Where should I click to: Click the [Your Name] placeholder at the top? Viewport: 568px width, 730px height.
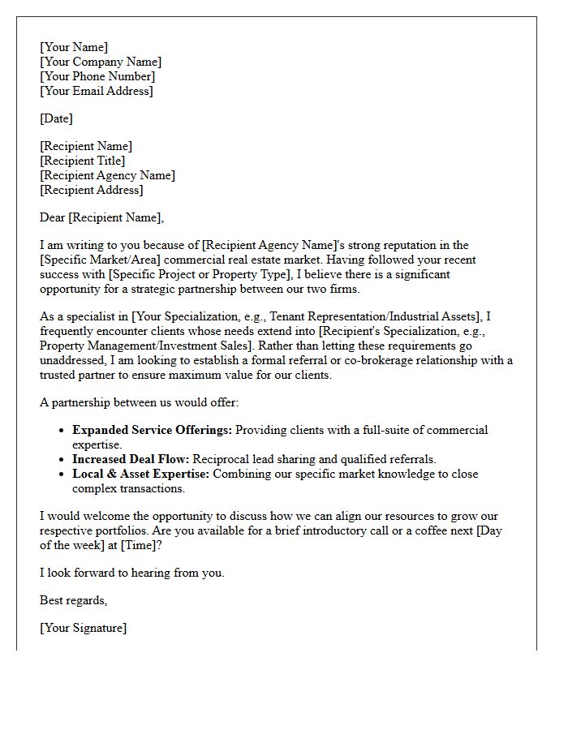click(x=74, y=47)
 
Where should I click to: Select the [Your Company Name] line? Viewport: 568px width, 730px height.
click(x=101, y=62)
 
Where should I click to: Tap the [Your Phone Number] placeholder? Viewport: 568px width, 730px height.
click(x=97, y=76)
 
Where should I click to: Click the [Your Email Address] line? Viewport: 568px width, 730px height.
click(x=97, y=91)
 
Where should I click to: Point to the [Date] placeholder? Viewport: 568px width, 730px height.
click(x=56, y=118)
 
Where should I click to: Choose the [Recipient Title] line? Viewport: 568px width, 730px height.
click(x=82, y=161)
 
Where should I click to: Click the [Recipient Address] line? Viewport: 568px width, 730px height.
click(x=91, y=190)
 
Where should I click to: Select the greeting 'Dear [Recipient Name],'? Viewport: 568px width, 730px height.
click(x=101, y=217)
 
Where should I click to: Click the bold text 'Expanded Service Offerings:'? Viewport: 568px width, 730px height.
click(x=152, y=430)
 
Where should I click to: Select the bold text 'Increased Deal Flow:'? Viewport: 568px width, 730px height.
click(x=131, y=459)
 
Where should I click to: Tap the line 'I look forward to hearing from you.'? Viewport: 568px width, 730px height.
click(x=131, y=573)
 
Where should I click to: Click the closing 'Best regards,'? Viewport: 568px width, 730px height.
click(x=74, y=600)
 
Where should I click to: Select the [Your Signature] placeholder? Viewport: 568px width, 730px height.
click(x=83, y=628)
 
